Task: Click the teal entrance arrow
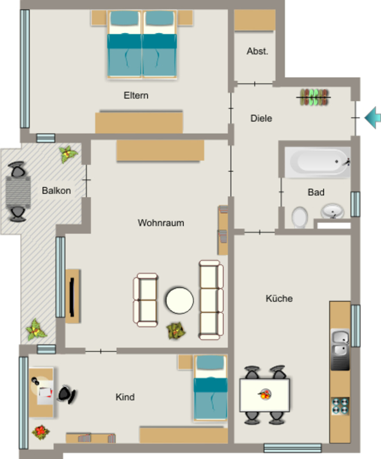coord(373,118)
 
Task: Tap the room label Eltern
coord(136,95)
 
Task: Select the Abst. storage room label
coord(257,51)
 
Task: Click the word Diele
coord(261,118)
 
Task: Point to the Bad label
coord(316,192)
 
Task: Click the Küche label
coord(279,298)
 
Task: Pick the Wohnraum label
coord(161,223)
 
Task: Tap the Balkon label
coord(56,191)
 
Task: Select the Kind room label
coord(125,397)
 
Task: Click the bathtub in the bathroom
coord(318,162)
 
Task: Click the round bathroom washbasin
coord(333,211)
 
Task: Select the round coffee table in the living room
coord(180,301)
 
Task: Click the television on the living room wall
coord(72,297)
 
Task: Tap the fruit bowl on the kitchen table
coord(265,394)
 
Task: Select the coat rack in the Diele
coord(314,97)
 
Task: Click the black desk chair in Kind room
coord(67,394)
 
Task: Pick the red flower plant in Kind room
coord(41,432)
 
